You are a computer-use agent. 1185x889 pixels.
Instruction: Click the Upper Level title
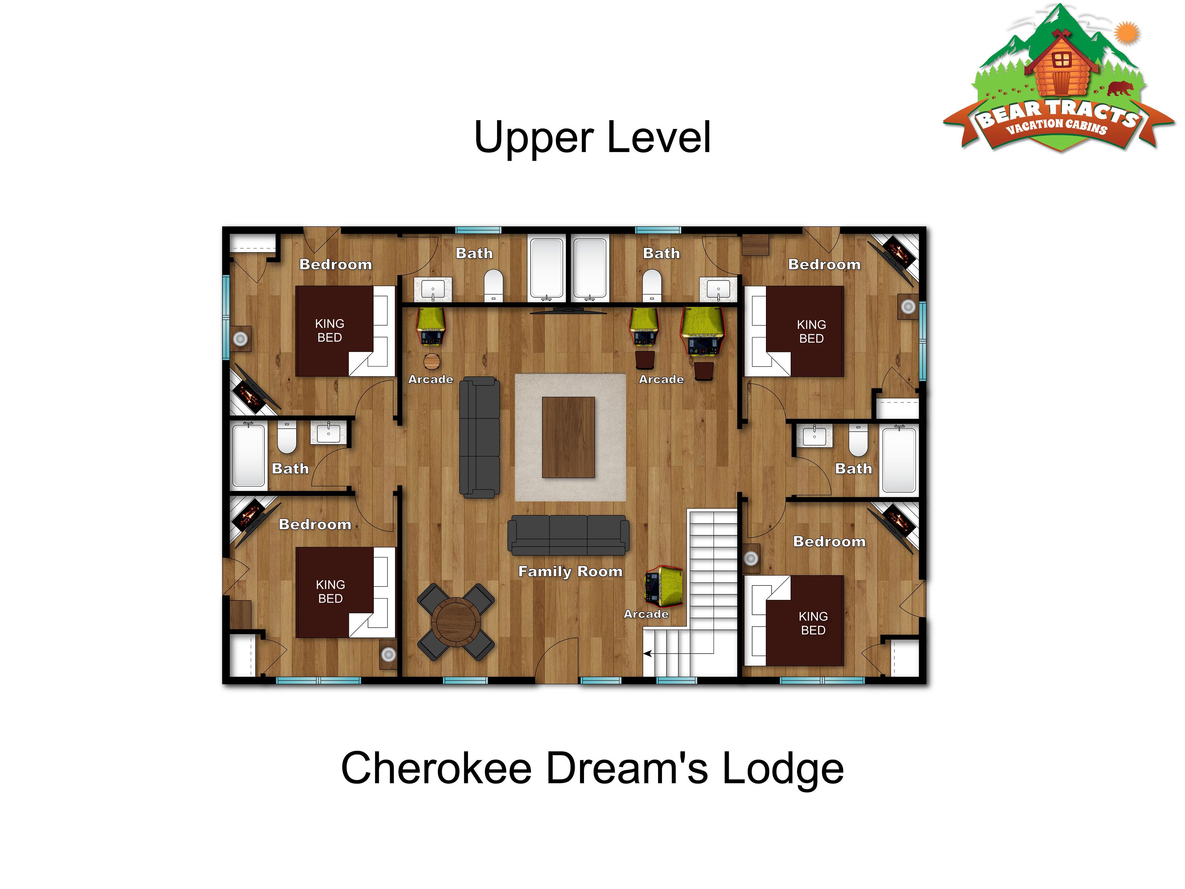[592, 137]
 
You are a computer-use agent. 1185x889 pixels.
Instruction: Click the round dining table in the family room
[456, 622]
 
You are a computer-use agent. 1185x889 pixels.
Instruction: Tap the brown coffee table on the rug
[568, 437]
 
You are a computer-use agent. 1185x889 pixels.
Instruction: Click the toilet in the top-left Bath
[493, 285]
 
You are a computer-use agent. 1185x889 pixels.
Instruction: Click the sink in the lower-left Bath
[329, 432]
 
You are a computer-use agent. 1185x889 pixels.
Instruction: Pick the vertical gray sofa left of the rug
[480, 437]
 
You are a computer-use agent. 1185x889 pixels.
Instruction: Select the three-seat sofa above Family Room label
[568, 535]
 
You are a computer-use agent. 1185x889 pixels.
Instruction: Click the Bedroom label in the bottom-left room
[315, 524]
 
